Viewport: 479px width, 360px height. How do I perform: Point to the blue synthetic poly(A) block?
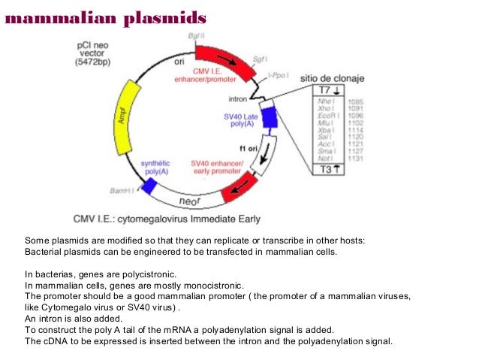click(150, 186)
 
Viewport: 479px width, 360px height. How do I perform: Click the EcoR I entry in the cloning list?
click(329, 116)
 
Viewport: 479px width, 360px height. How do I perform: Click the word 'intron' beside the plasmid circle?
click(238, 98)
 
